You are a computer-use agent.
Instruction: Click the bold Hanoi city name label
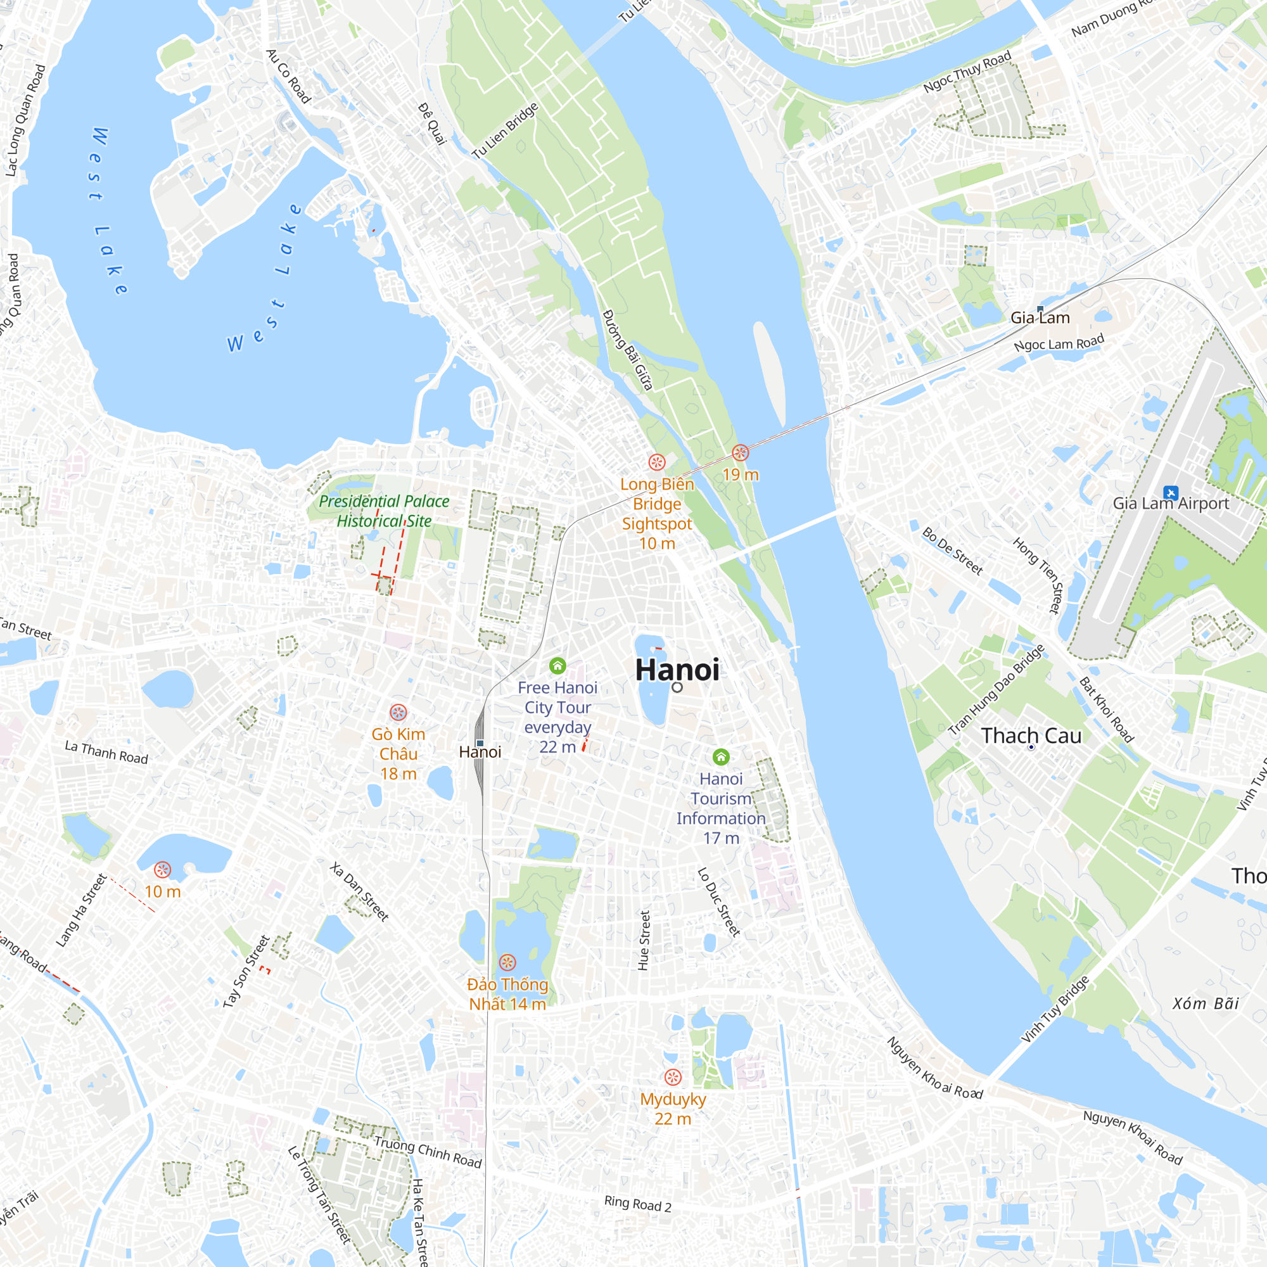tap(677, 670)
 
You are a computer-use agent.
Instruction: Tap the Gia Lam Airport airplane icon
tap(1170, 492)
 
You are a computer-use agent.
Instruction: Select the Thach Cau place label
tap(1031, 735)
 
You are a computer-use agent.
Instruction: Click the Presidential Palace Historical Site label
tap(385, 511)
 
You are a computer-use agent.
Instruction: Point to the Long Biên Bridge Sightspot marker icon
tap(656, 462)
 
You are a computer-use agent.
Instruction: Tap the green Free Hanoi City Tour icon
tap(557, 666)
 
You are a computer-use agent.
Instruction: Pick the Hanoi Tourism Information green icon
tap(721, 758)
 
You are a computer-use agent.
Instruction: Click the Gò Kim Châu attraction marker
tap(398, 713)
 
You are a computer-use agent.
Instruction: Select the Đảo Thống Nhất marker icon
tap(507, 963)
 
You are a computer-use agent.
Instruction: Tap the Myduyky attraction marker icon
tap(673, 1078)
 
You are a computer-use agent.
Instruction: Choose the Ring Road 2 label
tap(637, 1204)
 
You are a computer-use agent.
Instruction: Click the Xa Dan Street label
tap(359, 892)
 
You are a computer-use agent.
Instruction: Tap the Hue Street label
tap(644, 940)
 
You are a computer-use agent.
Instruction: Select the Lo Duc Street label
tap(719, 901)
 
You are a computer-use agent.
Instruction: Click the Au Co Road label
tap(288, 76)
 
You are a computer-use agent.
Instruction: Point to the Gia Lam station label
tap(1040, 318)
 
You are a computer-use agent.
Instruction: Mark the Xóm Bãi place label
tap(1206, 1004)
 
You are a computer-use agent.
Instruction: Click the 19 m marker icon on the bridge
tap(741, 452)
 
